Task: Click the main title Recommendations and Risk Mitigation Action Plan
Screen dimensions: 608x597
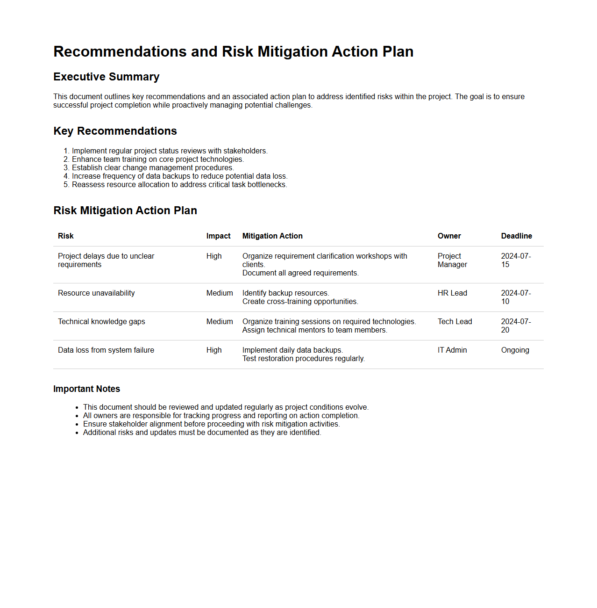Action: point(233,51)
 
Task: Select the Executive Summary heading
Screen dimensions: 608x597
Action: point(106,77)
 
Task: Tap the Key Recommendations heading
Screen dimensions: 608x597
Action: point(115,131)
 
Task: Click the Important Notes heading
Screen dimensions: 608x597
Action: point(86,389)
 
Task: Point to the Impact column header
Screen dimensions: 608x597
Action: point(218,236)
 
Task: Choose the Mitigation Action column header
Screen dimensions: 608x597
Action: point(272,236)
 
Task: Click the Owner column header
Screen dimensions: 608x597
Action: point(449,236)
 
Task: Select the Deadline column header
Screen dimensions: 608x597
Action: point(516,236)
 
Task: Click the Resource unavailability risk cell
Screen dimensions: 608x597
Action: point(96,293)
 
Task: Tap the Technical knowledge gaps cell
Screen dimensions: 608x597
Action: point(101,322)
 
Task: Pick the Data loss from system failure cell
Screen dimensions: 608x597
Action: point(106,350)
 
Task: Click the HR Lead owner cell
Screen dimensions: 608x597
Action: point(452,293)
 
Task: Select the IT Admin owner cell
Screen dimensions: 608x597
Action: point(452,350)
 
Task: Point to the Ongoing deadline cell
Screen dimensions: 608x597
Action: point(515,350)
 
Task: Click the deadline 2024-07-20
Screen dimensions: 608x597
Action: point(516,326)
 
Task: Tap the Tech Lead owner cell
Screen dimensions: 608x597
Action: point(455,322)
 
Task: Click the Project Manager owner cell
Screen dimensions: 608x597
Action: point(452,261)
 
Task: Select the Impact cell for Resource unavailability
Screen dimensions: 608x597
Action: point(220,293)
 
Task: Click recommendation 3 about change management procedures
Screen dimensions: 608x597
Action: point(153,168)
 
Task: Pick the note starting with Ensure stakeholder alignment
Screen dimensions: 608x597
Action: point(211,424)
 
